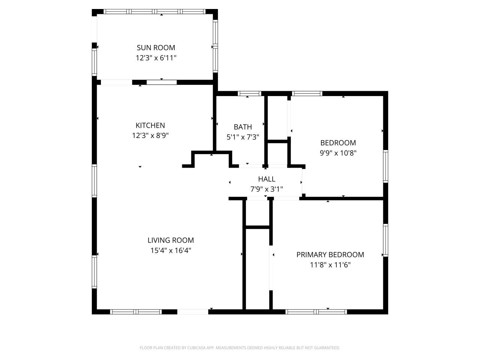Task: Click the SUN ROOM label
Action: click(156, 48)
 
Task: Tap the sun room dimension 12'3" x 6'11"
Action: click(156, 58)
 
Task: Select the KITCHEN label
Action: click(150, 125)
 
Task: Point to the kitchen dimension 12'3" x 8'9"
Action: click(150, 135)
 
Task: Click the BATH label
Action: click(243, 127)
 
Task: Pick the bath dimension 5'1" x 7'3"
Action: click(243, 137)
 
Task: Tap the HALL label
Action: click(267, 179)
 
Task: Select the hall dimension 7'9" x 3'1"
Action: click(267, 189)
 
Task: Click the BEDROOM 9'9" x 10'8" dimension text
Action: click(338, 153)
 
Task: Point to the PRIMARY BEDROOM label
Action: click(330, 255)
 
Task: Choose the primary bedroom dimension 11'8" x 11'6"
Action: click(330, 265)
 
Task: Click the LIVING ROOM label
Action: click(171, 240)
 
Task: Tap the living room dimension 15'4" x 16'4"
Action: click(171, 250)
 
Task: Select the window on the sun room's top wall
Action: click(154, 12)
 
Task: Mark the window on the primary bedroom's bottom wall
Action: click(316, 312)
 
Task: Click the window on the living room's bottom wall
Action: click(136, 312)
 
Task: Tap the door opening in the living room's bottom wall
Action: click(192, 312)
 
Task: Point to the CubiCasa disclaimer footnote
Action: click(240, 348)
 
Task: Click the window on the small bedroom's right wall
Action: click(385, 166)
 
